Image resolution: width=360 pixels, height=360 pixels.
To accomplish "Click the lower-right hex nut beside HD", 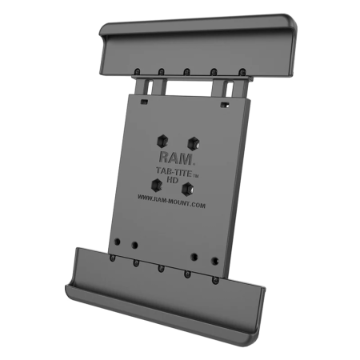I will (x=189, y=190).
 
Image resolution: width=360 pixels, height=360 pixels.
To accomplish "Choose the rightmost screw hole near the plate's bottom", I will (x=215, y=260).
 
